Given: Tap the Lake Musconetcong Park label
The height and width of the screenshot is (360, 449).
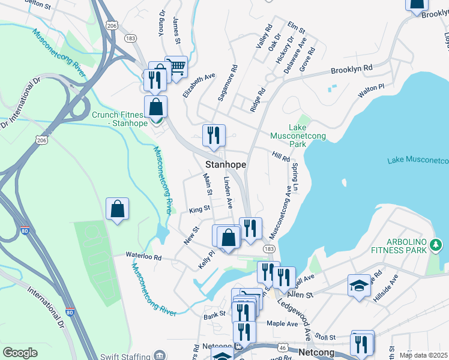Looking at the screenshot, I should (298, 136).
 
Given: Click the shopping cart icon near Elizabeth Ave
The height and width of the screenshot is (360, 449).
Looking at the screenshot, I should (176, 67).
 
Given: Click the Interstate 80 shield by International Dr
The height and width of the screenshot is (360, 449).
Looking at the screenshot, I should (70, 313).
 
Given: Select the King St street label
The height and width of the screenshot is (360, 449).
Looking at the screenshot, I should (199, 209).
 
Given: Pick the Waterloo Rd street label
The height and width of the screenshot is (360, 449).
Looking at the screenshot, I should (143, 256).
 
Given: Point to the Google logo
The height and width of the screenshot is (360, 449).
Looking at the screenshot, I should (20, 353).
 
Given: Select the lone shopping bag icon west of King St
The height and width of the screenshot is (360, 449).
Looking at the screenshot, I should (117, 209).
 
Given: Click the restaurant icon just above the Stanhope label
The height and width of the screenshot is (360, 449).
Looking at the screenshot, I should (214, 136).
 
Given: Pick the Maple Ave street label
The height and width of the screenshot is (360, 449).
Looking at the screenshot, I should (282, 323).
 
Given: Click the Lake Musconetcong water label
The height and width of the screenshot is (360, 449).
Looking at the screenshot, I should (418, 160).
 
